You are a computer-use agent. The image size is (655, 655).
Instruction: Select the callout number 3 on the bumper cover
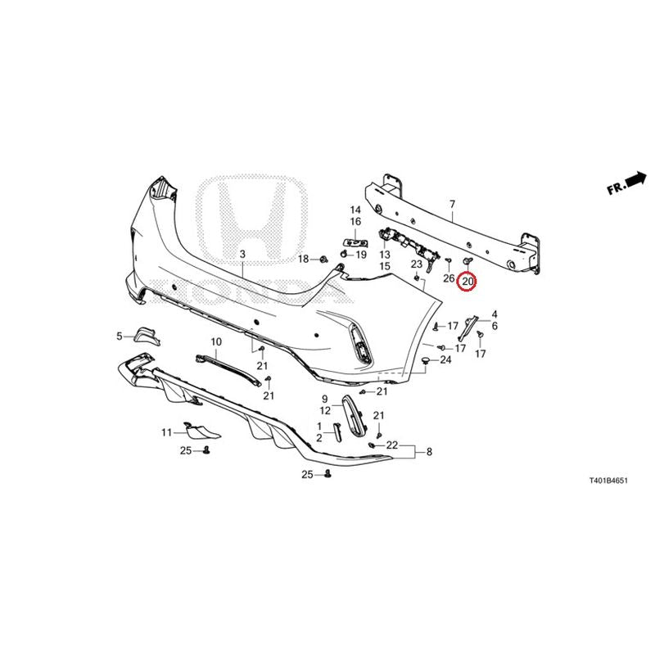(x=242, y=255)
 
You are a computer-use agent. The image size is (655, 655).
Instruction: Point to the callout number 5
(x=119, y=336)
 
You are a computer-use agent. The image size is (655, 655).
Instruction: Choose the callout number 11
(x=166, y=432)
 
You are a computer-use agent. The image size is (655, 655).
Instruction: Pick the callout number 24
(x=445, y=359)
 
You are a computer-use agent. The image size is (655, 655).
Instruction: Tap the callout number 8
(x=429, y=452)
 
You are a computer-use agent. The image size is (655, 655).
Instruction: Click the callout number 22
(x=392, y=445)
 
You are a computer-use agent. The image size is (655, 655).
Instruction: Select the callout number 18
(x=303, y=259)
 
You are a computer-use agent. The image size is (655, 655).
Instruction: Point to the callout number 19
(x=360, y=255)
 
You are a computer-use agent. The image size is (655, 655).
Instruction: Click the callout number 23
(x=416, y=264)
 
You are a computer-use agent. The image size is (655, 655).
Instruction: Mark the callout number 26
(x=449, y=278)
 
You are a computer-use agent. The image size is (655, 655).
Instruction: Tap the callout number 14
(x=355, y=210)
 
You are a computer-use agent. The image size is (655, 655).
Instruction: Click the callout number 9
(x=325, y=399)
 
